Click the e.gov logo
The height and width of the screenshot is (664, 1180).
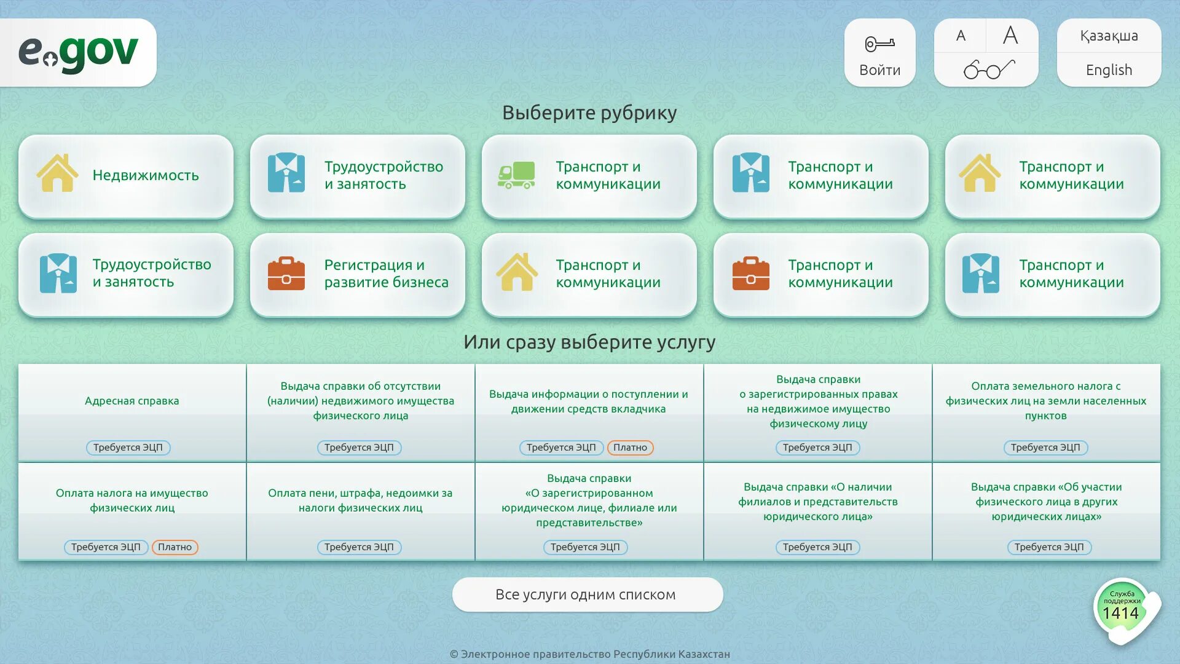78,52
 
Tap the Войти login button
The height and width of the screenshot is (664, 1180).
879,53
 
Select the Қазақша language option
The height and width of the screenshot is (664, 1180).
1109,36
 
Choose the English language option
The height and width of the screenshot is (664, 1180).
1109,70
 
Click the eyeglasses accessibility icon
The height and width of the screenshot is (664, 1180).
988,69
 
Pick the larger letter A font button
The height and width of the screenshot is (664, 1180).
1010,36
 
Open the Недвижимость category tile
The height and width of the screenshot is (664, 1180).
126,176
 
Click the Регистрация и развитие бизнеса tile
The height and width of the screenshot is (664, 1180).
358,274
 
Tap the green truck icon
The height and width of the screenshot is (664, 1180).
516,175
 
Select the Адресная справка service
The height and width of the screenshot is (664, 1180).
132,401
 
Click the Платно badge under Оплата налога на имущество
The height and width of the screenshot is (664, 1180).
175,547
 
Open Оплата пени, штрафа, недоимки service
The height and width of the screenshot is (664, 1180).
360,500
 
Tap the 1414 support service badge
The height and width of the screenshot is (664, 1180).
1121,610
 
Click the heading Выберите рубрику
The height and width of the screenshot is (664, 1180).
589,113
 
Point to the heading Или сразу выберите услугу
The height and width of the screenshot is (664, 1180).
589,342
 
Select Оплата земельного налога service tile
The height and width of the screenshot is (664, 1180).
1045,401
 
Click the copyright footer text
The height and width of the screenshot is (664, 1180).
590,654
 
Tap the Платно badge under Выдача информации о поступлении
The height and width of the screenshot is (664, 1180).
630,448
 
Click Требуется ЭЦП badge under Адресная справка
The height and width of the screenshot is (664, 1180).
128,448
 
